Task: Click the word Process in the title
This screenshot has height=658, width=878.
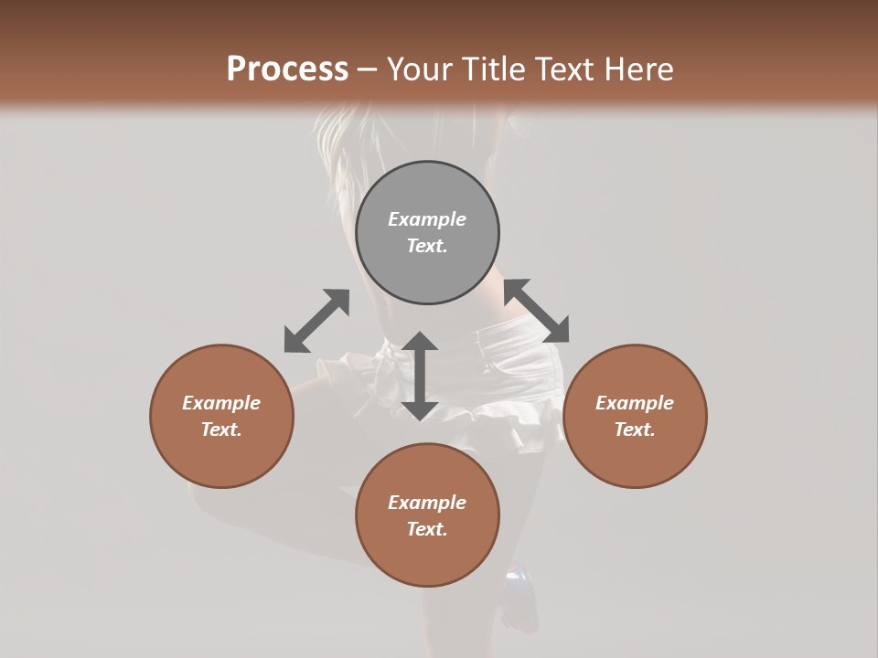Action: click(x=287, y=69)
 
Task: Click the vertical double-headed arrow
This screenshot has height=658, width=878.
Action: click(x=420, y=376)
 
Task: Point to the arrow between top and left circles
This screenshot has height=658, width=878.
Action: click(x=316, y=321)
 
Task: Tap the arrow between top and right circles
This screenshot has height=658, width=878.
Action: click(x=536, y=311)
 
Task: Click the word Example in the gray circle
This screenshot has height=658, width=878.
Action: click(x=427, y=219)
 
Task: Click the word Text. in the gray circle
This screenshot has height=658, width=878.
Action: click(x=427, y=246)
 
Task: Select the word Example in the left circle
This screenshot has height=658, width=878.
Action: click(x=221, y=403)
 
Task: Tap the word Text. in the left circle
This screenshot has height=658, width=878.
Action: click(x=221, y=430)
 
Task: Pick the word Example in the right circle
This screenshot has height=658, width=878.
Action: click(x=635, y=403)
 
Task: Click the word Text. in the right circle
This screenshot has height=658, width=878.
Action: click(x=635, y=430)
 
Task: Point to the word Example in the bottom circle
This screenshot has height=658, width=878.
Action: click(x=427, y=503)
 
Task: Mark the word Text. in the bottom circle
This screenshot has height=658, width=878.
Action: click(x=427, y=529)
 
